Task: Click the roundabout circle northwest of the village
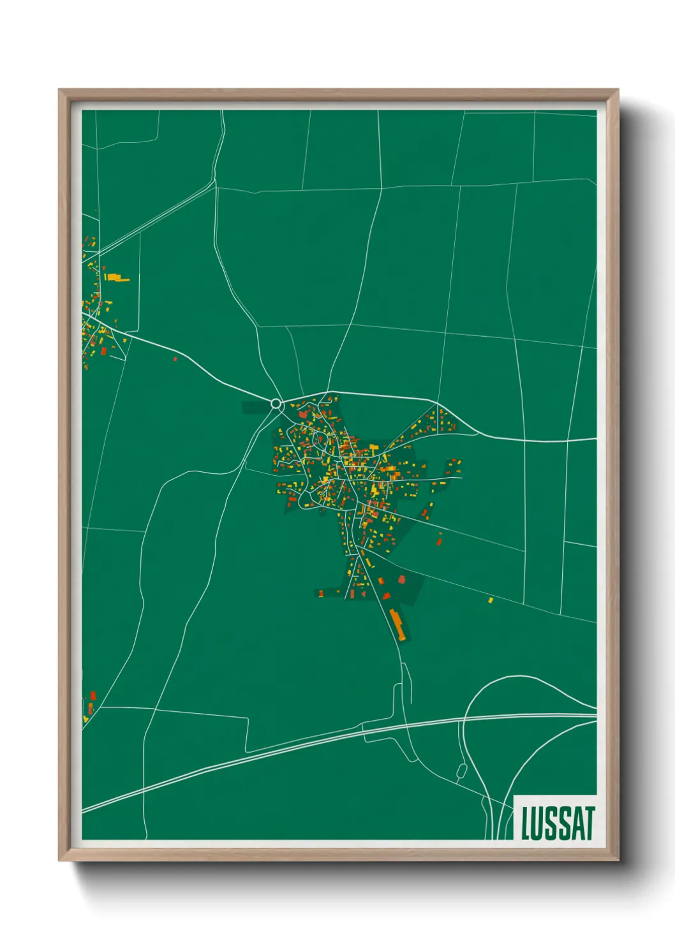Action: [x=276, y=404]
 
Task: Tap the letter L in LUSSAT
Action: [x=526, y=823]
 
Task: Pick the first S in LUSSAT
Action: [x=551, y=823]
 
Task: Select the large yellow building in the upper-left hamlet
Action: [x=116, y=277]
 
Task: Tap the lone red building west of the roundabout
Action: [x=175, y=359]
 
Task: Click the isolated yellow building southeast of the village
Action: [x=491, y=600]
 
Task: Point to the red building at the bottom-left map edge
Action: [x=93, y=695]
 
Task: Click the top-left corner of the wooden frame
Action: [x=59, y=90]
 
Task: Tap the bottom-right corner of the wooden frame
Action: [x=618, y=860]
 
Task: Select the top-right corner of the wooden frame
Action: [x=618, y=90]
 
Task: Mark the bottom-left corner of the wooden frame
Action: [x=59, y=860]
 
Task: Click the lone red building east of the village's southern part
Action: [x=439, y=541]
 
